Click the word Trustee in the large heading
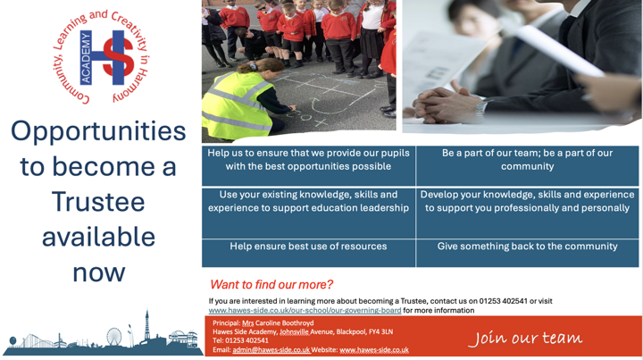(98, 202)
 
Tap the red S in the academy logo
(119, 57)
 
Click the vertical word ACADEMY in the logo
(86, 58)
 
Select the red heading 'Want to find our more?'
(271, 285)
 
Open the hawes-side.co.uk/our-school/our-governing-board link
(305, 310)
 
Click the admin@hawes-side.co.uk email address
(271, 350)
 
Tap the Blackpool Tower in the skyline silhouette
(146, 328)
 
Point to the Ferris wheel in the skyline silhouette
(114, 336)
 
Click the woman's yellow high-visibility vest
(235, 105)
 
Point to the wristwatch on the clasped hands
(480, 108)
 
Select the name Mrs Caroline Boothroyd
(278, 322)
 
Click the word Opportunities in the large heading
(98, 131)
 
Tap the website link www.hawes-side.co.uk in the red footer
(374, 350)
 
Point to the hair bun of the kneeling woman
(249, 65)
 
